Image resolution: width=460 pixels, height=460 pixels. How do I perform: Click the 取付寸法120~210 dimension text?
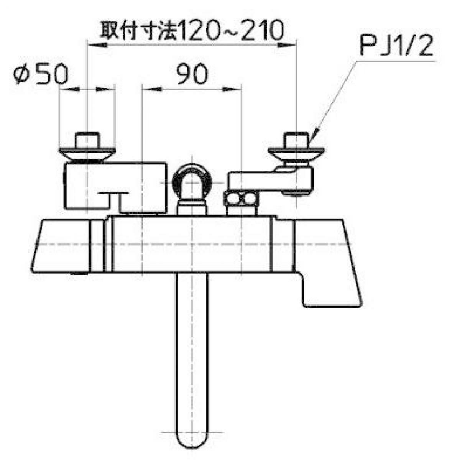(x=192, y=30)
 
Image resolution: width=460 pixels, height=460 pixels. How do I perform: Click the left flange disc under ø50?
(x=87, y=154)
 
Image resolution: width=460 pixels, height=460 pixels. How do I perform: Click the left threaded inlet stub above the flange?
(x=87, y=140)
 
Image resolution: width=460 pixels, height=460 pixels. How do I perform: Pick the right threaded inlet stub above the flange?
(x=296, y=140)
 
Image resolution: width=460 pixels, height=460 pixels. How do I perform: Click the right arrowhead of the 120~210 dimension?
(x=286, y=44)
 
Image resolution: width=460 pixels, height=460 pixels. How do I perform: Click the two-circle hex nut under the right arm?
(x=241, y=199)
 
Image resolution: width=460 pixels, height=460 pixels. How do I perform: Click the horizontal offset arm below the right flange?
(x=270, y=179)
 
